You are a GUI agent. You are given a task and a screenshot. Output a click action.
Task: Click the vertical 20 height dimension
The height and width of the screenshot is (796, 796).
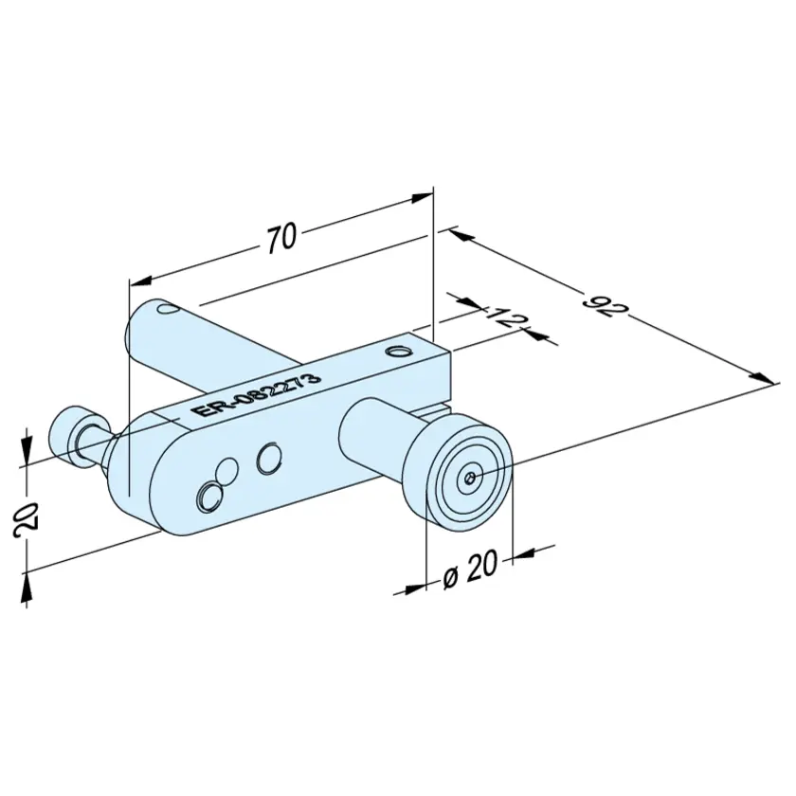(x=26, y=516)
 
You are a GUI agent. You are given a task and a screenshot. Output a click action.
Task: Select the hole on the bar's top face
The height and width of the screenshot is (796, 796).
(x=397, y=352)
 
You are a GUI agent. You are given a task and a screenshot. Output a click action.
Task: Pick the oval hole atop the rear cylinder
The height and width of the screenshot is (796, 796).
(x=167, y=308)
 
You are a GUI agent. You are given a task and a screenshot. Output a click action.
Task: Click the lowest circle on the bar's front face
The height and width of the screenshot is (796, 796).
(x=208, y=497)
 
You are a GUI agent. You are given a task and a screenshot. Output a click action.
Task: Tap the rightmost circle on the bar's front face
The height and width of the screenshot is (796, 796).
(x=269, y=458)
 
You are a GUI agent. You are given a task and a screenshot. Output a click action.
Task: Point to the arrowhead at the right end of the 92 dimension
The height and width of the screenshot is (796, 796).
(x=764, y=378)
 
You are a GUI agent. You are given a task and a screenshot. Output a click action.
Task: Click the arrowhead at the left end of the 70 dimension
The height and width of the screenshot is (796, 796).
(x=143, y=280)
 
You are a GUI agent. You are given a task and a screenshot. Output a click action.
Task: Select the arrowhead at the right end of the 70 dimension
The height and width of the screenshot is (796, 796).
(x=423, y=197)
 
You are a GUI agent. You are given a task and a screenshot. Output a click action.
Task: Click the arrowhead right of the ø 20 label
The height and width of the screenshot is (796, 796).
(x=525, y=553)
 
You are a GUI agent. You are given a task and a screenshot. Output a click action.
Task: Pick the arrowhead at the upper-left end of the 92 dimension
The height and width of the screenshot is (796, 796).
(x=461, y=234)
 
